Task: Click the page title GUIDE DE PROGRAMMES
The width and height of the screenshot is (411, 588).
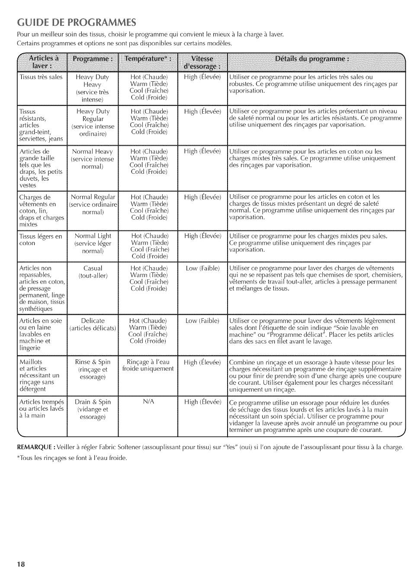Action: [77, 22]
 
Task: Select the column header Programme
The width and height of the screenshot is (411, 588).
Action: [93, 59]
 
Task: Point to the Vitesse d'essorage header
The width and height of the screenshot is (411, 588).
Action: [202, 63]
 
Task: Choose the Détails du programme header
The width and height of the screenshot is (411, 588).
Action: [316, 59]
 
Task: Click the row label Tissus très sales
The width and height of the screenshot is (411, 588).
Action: [41, 77]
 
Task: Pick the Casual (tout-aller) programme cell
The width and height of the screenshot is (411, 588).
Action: [93, 272]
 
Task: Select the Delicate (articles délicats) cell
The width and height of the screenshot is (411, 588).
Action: [93, 324]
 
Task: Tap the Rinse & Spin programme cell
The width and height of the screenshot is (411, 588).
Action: [93, 369]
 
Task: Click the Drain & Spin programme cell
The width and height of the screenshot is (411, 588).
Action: [93, 409]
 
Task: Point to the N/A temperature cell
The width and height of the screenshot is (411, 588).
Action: [148, 402]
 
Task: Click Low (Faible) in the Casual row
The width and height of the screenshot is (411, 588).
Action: [202, 268]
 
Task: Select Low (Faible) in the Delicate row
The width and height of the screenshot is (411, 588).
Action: [202, 321]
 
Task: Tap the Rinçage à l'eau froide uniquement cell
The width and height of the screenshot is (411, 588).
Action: [148, 365]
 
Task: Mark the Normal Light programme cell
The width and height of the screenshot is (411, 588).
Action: [93, 243]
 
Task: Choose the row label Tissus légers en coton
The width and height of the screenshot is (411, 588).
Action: [41, 240]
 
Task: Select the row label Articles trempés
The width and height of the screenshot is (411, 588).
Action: [41, 409]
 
